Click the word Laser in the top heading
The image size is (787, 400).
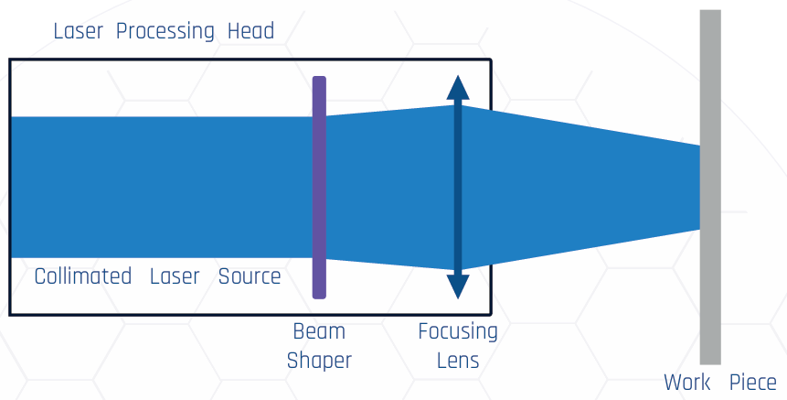click(78, 31)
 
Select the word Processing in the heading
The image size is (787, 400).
click(165, 31)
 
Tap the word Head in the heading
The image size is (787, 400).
click(250, 31)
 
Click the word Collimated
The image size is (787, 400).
click(82, 276)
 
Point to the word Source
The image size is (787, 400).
click(249, 276)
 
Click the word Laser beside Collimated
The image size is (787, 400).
click(174, 276)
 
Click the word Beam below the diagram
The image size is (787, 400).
click(319, 331)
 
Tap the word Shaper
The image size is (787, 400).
click(319, 361)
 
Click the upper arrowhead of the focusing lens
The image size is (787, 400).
click(458, 88)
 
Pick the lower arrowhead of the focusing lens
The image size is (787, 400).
click(458, 286)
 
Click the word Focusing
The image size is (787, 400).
click(458, 331)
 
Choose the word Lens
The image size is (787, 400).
click(458, 361)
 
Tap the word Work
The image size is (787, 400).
click(686, 383)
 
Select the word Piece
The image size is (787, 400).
click(752, 383)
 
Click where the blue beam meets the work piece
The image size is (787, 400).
click(700, 187)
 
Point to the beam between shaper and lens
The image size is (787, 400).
click(388, 187)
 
